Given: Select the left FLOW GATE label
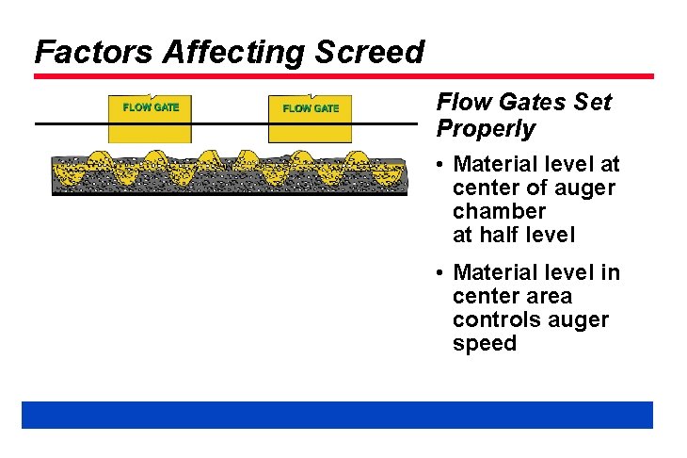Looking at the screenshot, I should (x=151, y=106).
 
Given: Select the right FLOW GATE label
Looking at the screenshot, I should (x=311, y=108).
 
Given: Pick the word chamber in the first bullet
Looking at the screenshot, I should (x=499, y=211).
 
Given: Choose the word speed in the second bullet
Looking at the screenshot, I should (x=485, y=343).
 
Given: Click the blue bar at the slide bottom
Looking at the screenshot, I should (x=337, y=415).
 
